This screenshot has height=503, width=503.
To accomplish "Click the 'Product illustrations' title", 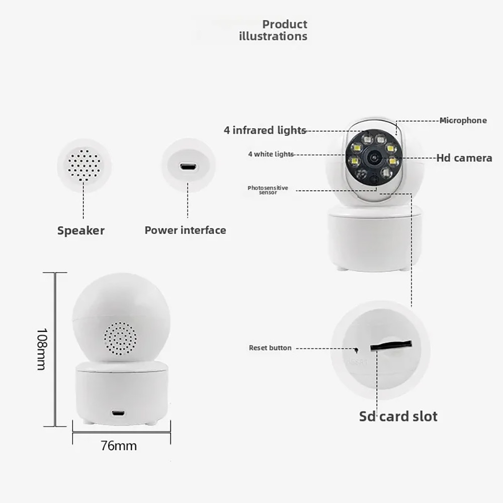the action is [x=273, y=30].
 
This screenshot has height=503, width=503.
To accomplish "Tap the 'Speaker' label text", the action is [x=81, y=231].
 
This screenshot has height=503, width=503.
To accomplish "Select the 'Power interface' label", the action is [x=186, y=230].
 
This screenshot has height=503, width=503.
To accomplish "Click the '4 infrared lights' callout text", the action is [x=265, y=130].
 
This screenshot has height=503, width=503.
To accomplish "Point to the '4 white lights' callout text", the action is [x=271, y=154].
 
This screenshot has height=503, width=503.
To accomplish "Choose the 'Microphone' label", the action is [x=463, y=120].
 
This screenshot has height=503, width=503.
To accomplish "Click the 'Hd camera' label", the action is [x=464, y=158].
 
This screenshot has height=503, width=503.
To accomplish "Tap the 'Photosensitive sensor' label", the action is [x=268, y=190].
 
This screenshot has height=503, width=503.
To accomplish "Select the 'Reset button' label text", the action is [x=270, y=348].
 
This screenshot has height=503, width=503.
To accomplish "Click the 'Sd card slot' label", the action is [x=398, y=416].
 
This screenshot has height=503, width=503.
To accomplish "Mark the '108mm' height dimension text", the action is [x=42, y=350].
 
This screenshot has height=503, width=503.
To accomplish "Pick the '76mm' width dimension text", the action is [x=119, y=446].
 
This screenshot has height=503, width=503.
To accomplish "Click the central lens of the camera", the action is [x=374, y=157].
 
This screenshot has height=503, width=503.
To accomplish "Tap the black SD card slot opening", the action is [x=391, y=345].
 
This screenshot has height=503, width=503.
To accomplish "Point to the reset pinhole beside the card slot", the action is [x=356, y=349].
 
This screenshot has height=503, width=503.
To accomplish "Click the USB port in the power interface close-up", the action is [x=189, y=167].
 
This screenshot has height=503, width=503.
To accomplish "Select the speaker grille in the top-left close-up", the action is [x=84, y=165].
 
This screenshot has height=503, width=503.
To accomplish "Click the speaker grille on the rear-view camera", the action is [x=120, y=339].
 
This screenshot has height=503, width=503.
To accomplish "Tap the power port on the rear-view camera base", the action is [x=118, y=412].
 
